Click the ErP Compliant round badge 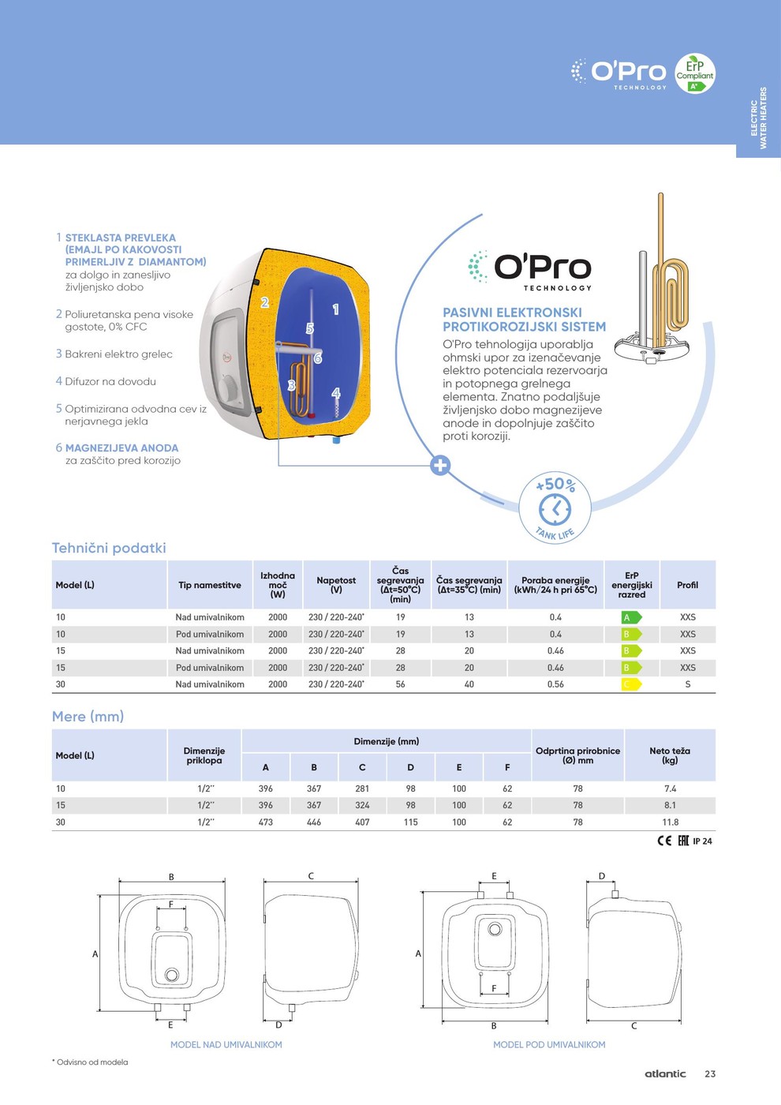click(694, 73)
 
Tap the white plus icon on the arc click(440, 466)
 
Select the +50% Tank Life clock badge click(555, 508)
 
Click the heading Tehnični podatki click(109, 548)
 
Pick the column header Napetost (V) click(336, 585)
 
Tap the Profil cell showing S click(687, 684)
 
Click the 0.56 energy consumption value click(555, 684)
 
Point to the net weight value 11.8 click(670, 822)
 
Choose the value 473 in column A click(266, 822)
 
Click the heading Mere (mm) click(88, 717)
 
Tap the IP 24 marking click(702, 841)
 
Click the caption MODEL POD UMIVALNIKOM click(549, 1044)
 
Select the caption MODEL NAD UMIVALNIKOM click(226, 1044)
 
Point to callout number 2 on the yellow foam click(265, 302)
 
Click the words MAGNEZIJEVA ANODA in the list click(121, 448)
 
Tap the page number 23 click(710, 1073)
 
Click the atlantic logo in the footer click(665, 1073)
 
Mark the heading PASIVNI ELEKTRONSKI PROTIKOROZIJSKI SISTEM click(524, 320)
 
